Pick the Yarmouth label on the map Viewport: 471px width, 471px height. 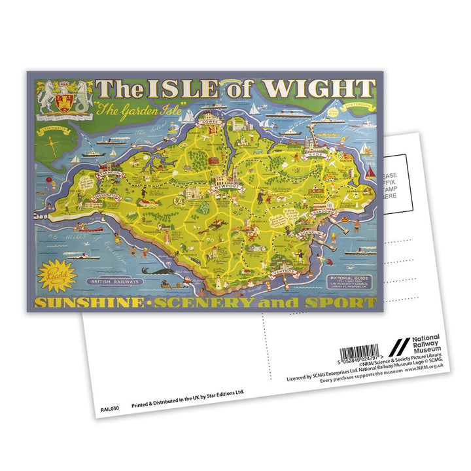click(x=111, y=173)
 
